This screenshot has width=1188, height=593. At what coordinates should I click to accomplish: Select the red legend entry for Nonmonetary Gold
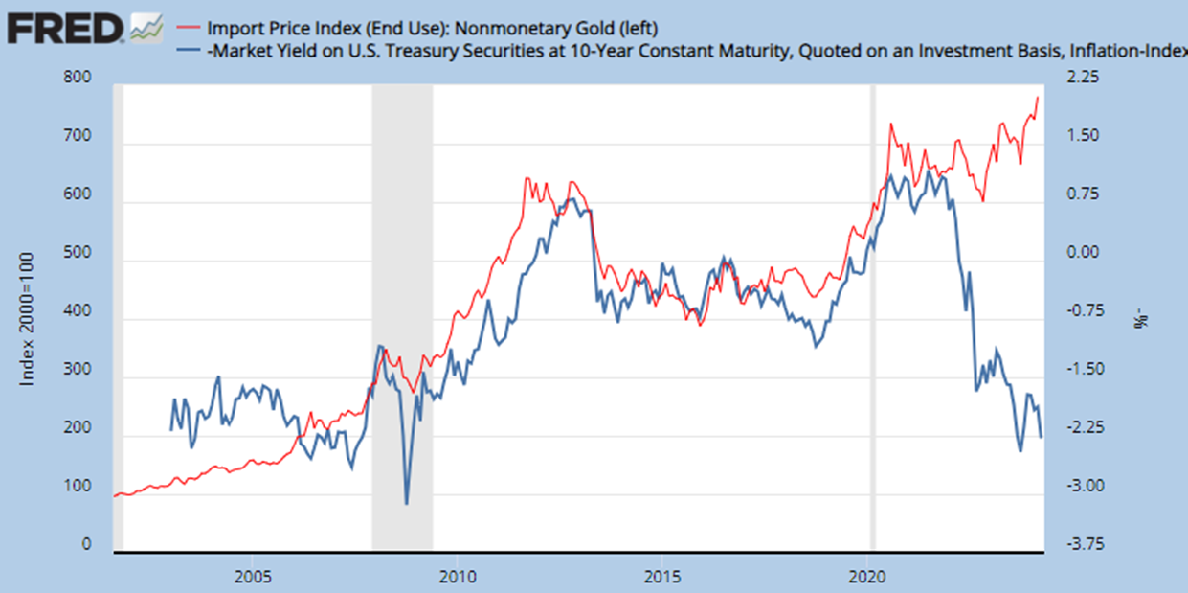pos(431,26)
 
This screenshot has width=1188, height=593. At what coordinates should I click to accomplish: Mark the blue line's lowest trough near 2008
pos(407,504)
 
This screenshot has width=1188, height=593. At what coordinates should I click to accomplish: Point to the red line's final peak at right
pos(1038,97)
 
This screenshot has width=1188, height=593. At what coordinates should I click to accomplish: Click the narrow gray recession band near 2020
pos(872,316)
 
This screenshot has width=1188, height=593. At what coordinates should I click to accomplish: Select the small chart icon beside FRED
pos(146,29)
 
